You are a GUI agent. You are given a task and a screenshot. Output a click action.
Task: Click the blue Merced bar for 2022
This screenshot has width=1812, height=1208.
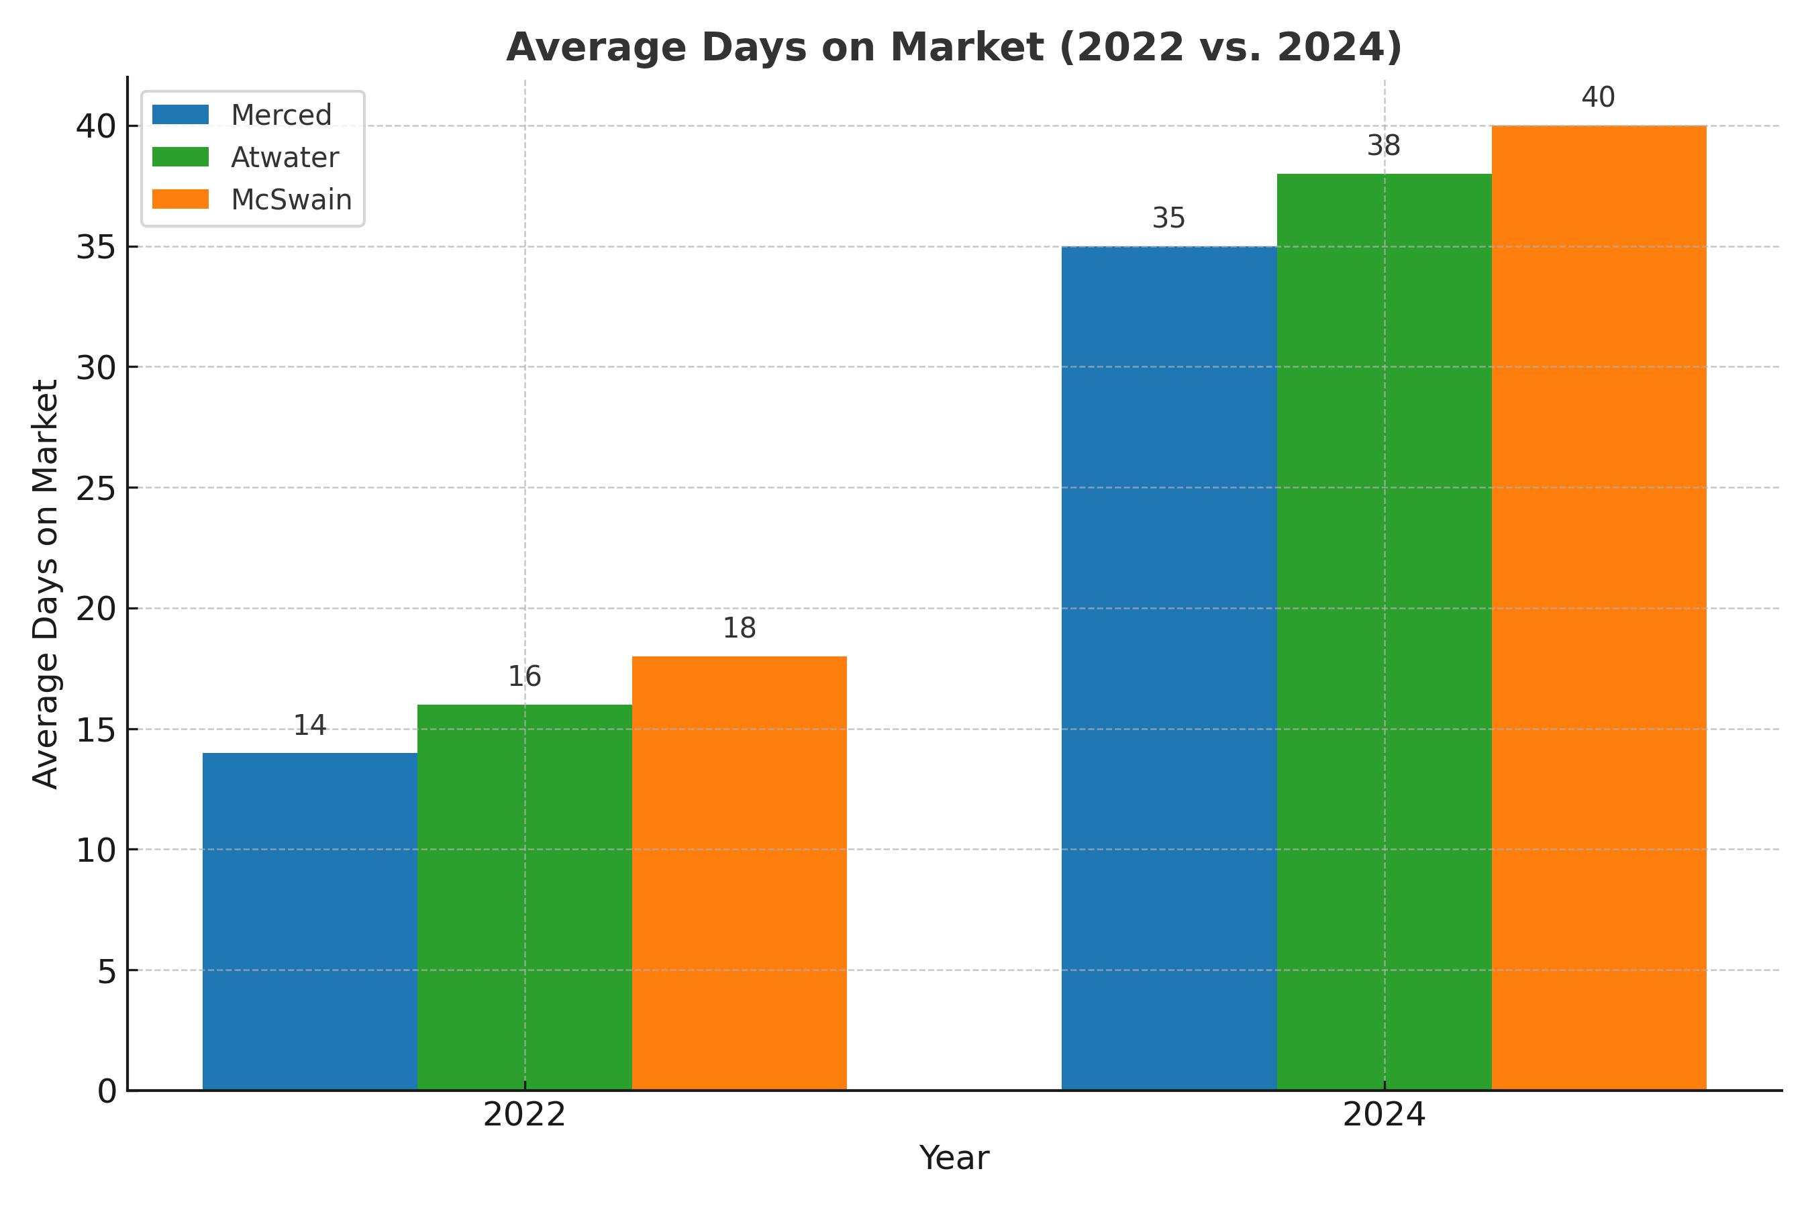[309, 921]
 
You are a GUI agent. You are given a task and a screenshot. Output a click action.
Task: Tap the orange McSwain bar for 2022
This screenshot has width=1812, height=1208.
[739, 873]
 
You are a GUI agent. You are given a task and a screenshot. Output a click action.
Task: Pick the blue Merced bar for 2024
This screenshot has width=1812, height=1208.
[1168, 668]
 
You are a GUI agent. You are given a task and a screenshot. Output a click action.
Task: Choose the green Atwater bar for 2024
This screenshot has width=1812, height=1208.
[1384, 632]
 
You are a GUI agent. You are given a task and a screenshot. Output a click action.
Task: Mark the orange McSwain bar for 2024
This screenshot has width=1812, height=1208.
[1599, 608]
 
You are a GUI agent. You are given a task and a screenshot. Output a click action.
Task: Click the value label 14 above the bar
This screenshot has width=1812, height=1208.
[309, 725]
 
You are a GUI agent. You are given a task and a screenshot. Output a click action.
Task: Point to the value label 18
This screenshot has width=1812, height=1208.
[739, 629]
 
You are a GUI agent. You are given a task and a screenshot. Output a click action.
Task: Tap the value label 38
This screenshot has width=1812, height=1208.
[1384, 146]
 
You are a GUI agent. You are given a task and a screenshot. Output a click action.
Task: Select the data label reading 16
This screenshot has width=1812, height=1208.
[525, 676]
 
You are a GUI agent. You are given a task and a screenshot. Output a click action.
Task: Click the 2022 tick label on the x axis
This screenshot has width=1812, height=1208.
[525, 1115]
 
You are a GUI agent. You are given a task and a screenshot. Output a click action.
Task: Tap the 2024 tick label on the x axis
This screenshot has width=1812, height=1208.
[1384, 1115]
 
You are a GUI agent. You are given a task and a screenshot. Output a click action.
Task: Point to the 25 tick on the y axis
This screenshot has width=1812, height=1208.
[96, 488]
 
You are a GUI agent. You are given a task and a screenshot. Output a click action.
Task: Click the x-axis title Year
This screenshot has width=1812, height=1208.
[954, 1158]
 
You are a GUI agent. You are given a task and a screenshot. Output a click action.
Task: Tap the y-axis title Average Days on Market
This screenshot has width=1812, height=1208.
[46, 583]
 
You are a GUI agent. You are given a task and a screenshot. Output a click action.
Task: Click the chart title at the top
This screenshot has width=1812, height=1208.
[954, 47]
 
